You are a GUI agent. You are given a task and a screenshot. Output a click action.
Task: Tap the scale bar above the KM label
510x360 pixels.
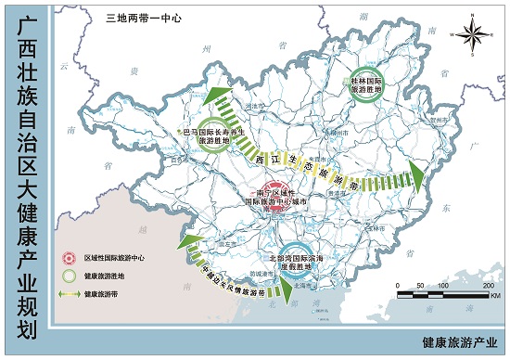[437, 296]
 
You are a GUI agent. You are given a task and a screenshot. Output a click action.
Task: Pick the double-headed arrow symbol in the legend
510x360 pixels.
[67, 293]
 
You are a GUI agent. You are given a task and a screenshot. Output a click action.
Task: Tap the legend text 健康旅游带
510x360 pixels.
[102, 293]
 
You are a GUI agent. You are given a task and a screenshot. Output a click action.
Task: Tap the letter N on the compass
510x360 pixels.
[474, 14]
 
